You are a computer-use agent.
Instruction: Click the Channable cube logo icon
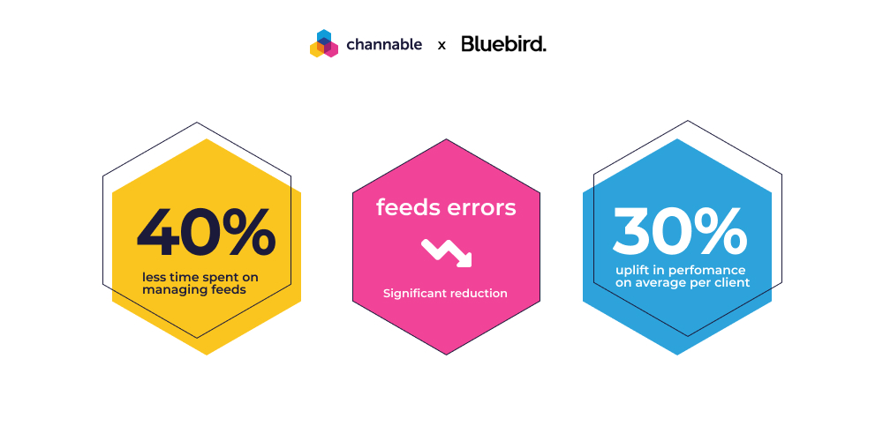click(324, 43)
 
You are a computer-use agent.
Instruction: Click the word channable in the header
click(384, 44)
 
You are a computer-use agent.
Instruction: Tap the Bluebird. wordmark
click(503, 43)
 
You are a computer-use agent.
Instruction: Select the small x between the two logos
click(441, 46)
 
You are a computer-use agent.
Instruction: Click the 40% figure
click(206, 232)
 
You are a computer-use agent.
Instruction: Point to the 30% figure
click(680, 230)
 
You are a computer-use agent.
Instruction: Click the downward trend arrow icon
click(446, 252)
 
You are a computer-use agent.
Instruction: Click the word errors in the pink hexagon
click(481, 208)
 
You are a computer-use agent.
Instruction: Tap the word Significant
click(416, 294)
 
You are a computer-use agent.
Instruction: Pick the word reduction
click(479, 293)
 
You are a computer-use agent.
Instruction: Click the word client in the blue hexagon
click(732, 282)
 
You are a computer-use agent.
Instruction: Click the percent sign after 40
click(248, 232)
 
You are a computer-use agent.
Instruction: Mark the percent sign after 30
click(721, 230)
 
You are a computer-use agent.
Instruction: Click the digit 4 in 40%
click(158, 233)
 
